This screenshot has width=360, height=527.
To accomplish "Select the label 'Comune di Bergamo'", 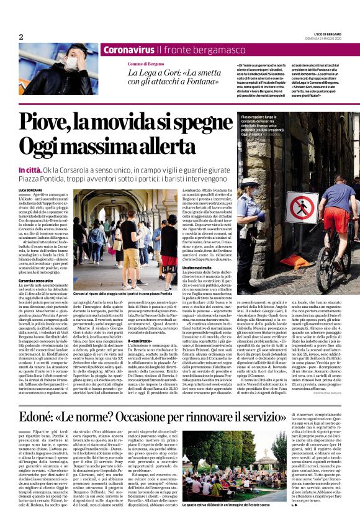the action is point(146,65).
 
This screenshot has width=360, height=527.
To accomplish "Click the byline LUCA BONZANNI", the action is point(31,189).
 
